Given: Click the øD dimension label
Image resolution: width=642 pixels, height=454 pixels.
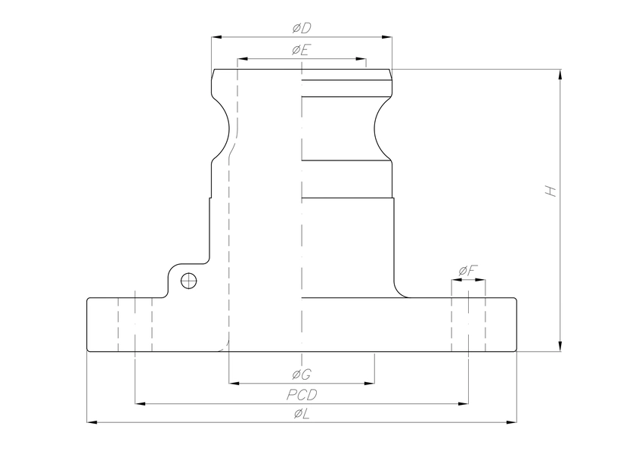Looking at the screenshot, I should [302, 28].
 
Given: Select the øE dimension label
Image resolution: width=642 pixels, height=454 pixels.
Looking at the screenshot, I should [302, 51].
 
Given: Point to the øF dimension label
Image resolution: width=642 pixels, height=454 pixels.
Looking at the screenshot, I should [468, 271].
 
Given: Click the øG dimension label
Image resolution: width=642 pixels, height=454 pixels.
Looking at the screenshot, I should [302, 375].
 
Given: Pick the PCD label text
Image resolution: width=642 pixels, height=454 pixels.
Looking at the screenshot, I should [302, 395].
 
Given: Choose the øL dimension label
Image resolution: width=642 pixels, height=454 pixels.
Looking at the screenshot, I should [302, 413].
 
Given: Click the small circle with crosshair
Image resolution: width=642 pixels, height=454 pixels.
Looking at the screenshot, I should [188, 281].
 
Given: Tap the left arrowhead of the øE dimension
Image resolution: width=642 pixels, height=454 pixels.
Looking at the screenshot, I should [243, 58].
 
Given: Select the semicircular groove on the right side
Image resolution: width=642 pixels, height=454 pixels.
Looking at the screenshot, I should [381, 126].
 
